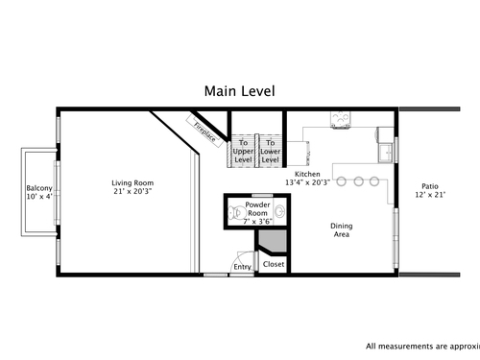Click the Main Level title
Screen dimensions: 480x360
240,91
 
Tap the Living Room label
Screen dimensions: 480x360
132,183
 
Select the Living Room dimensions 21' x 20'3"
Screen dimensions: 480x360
132,191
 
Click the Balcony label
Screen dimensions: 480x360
39,188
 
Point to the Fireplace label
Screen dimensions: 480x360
204,132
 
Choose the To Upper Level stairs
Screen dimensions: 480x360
243,151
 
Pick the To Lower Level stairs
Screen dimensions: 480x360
271,151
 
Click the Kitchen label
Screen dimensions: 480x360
307,174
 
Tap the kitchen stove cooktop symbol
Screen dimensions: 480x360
341,119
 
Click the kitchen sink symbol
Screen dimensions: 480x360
386,153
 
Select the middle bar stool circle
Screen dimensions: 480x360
358,181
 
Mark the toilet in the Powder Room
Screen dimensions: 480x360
236,213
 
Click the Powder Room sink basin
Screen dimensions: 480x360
280,211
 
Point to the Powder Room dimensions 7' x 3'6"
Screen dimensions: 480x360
258,222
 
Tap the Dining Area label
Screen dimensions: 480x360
342,230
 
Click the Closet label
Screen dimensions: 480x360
274,264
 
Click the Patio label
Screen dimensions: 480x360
430,186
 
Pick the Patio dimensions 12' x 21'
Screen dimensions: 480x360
430,195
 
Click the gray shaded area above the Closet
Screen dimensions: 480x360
274,241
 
